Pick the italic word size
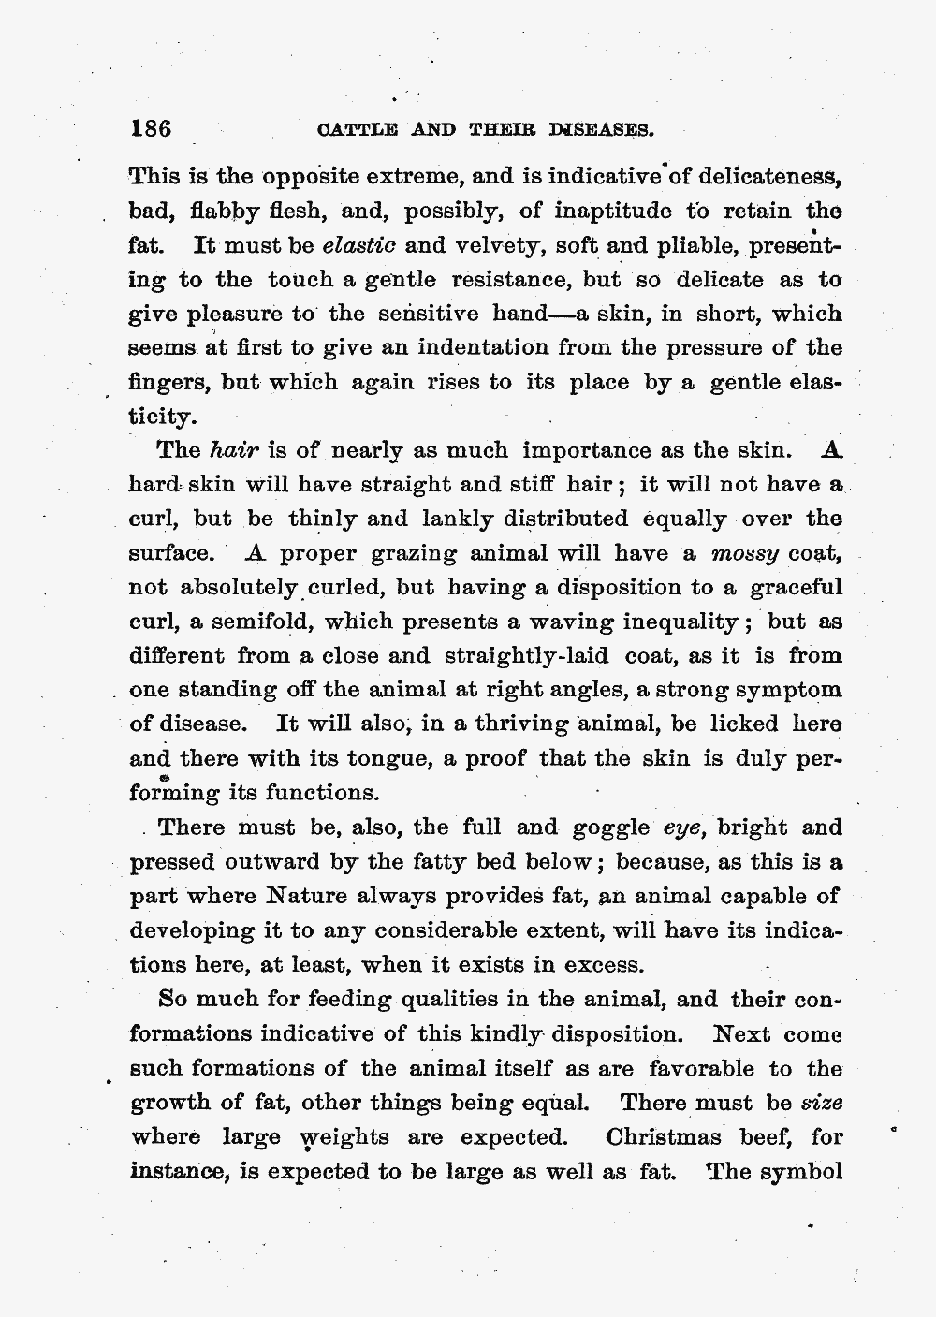824,1103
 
